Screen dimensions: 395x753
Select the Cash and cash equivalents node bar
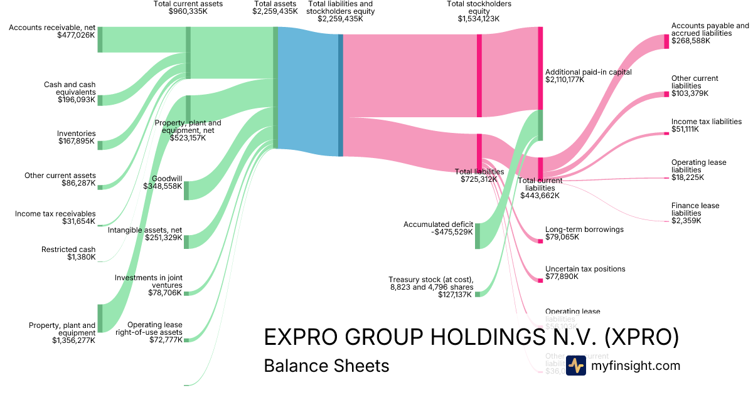click(100, 100)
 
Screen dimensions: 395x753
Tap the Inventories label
click(77, 134)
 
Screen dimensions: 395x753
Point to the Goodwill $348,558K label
click(163, 182)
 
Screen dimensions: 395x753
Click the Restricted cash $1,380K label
click(68, 253)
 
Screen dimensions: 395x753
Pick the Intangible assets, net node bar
click(186, 241)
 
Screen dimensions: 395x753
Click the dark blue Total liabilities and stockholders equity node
click(341, 95)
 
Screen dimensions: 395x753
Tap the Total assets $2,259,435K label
click(275, 8)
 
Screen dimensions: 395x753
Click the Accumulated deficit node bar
click(478, 236)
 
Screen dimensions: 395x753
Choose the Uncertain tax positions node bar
click(540, 280)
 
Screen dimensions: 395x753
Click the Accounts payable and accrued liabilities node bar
click(666, 41)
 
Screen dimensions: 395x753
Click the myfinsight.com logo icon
click(575, 366)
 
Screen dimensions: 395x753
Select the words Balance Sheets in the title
click(326, 366)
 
